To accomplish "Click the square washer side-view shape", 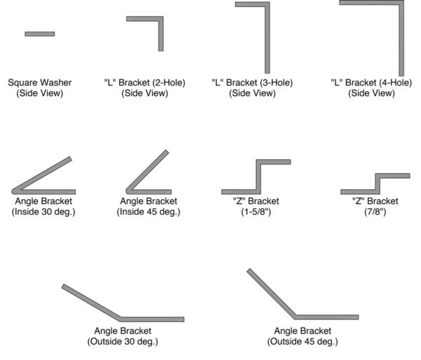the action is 40,34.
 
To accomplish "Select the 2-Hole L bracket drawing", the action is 161,20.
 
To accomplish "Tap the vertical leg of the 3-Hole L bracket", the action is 267,38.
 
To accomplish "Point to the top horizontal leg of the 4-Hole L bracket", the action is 372,3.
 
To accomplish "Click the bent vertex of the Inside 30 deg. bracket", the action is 14,192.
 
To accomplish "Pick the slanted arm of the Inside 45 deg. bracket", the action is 148,171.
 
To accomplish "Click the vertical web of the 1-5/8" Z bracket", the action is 258,177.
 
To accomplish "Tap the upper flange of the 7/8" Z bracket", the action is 392,176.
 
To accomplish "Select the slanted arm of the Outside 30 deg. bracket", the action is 91,302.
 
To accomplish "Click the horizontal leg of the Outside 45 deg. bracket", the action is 327,317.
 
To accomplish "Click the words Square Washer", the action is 40,82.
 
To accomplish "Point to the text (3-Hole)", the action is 276,82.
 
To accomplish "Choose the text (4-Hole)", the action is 396,82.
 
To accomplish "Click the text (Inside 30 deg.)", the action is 44,212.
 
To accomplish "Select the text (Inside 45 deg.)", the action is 149,212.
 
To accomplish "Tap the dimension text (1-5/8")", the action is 256,212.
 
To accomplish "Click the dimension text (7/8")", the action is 375,212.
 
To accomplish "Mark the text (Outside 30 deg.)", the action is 123,342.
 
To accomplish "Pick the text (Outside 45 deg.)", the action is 302,342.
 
